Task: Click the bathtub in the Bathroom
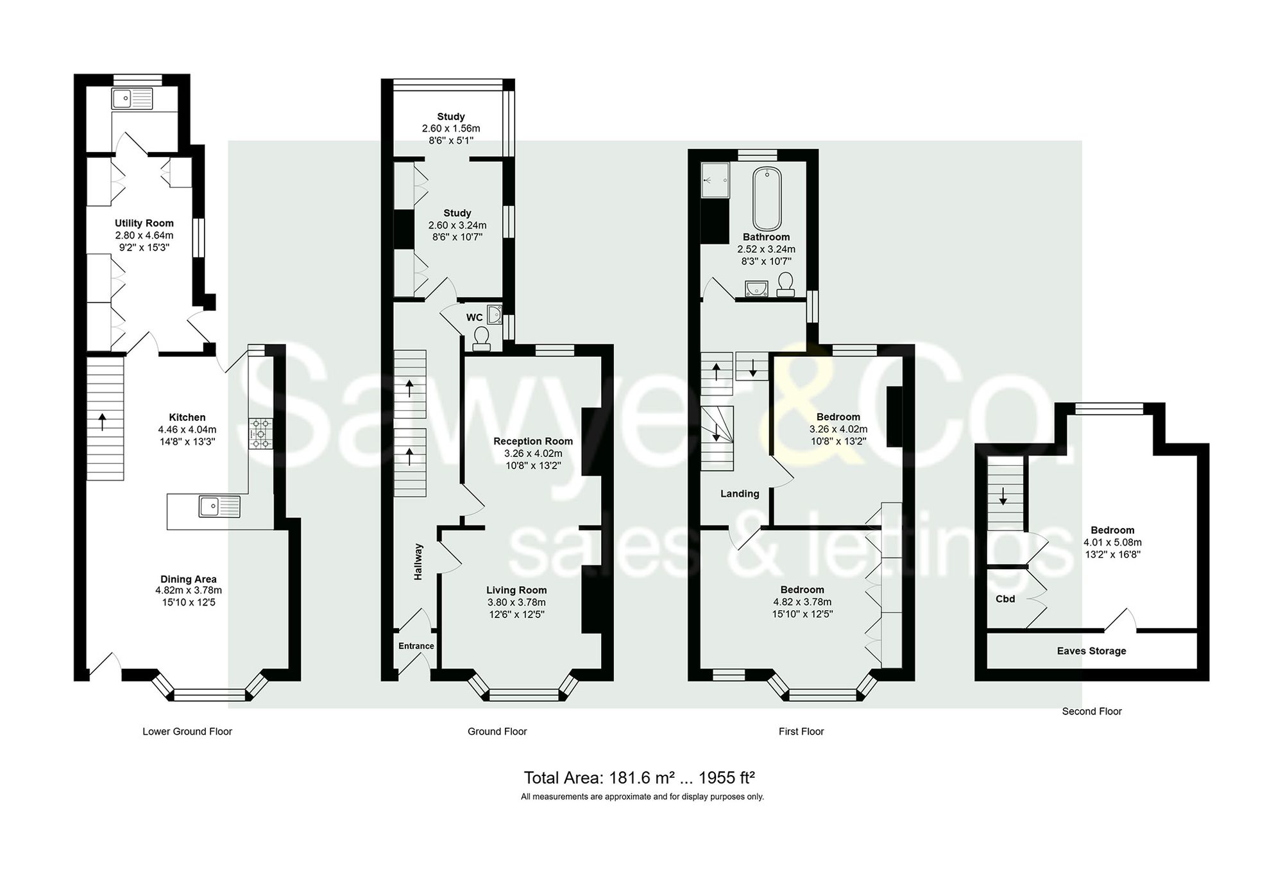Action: tap(766, 198)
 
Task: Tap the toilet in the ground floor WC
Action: tap(481, 338)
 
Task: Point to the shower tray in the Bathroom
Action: tap(715, 180)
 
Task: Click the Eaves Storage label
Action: tap(1091, 651)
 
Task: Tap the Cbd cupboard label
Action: tap(1005, 599)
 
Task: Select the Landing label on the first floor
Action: tap(740, 493)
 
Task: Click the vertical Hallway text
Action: tap(418, 562)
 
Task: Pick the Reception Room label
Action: tap(532, 441)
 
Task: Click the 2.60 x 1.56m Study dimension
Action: tap(450, 128)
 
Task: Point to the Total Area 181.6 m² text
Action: tap(638, 778)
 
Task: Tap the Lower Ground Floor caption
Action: tap(187, 731)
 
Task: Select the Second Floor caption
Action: tap(1091, 711)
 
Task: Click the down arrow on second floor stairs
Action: tap(1003, 496)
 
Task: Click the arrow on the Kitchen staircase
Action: tap(103, 422)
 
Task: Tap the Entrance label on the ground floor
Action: tap(416, 646)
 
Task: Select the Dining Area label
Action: tap(188, 579)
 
